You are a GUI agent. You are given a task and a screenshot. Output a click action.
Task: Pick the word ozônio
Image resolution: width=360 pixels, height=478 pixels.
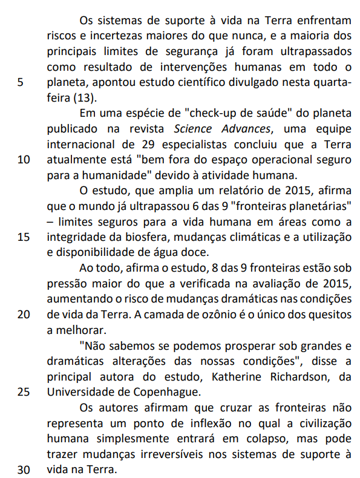tap(221, 315)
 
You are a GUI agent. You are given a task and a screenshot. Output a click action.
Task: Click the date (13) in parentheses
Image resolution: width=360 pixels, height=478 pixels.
tap(84, 98)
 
